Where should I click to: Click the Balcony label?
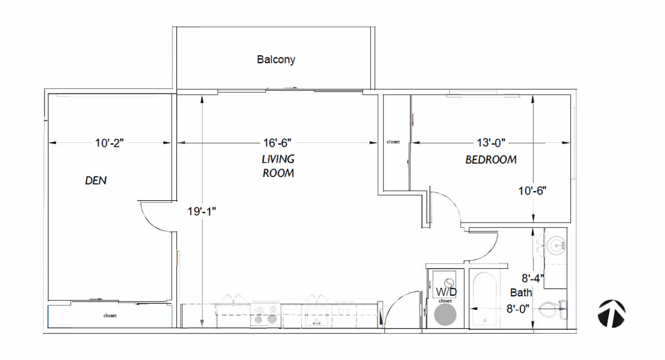pos(276,60)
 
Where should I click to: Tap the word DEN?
pos(96,181)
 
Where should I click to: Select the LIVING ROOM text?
pos(278,166)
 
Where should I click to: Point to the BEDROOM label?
pos(491,160)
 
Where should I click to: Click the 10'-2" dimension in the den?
pos(109,143)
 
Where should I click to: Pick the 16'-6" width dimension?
pos(277,143)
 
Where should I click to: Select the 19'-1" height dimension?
pos(202,211)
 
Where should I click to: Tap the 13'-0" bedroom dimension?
pos(491,143)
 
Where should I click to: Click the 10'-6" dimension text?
pos(532,191)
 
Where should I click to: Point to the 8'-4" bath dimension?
pos(533,278)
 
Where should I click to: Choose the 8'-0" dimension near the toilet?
pos(518,309)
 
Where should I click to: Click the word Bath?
pos(521,293)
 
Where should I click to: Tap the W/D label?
pos(446,292)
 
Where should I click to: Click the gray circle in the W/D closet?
pos(445,315)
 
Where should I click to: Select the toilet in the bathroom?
pos(553,309)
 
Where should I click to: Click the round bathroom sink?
pos(557,245)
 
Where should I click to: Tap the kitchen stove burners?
pos(265,315)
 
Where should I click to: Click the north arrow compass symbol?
pos(611,313)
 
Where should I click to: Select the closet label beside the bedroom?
pos(393,142)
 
